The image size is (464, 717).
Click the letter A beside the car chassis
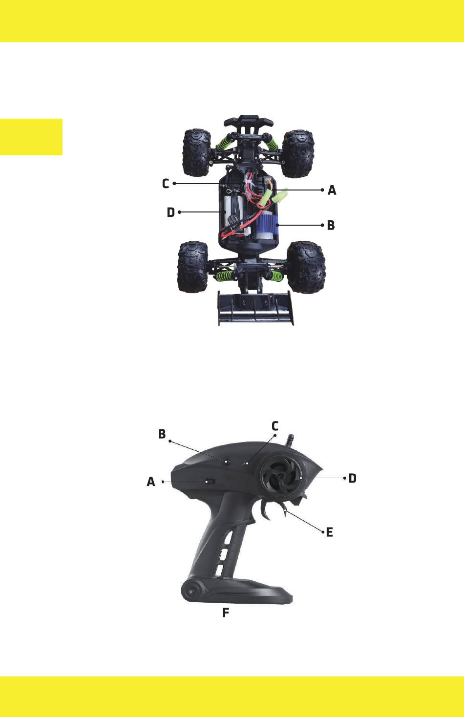(x=332, y=190)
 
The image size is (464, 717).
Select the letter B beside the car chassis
(x=331, y=225)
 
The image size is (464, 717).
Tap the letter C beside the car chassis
(x=166, y=184)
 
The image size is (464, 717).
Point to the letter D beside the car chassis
(x=171, y=212)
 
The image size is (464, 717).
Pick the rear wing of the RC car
(x=255, y=308)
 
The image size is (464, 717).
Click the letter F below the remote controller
(x=226, y=613)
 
